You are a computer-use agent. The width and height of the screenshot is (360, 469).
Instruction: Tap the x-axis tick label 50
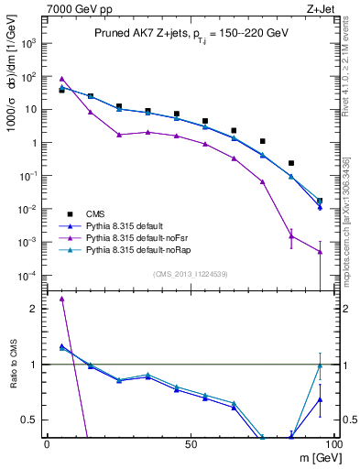tap(191, 444)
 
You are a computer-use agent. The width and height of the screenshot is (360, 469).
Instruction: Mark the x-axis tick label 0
tap(47, 444)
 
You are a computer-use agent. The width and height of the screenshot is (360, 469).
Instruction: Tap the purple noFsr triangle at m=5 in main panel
tap(61, 79)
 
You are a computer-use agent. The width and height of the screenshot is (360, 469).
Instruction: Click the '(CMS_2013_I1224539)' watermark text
tap(191, 273)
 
